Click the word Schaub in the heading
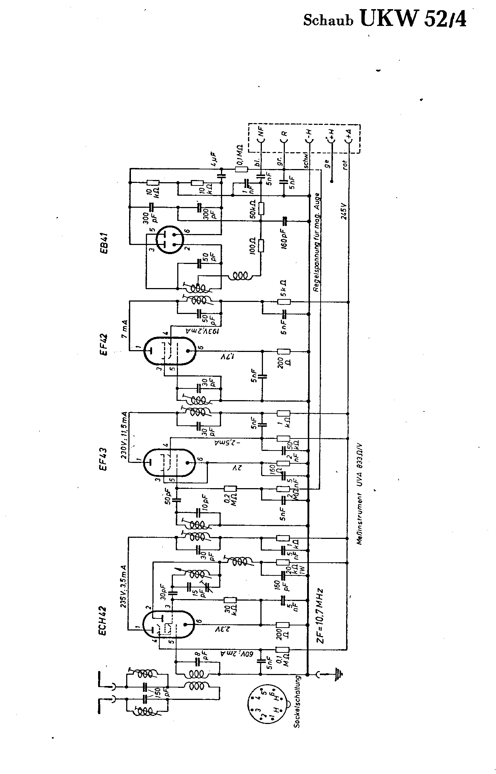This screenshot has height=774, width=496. pyautogui.click(x=329, y=20)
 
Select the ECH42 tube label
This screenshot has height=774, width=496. pyautogui.click(x=103, y=620)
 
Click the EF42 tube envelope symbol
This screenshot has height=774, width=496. pyautogui.click(x=170, y=350)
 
